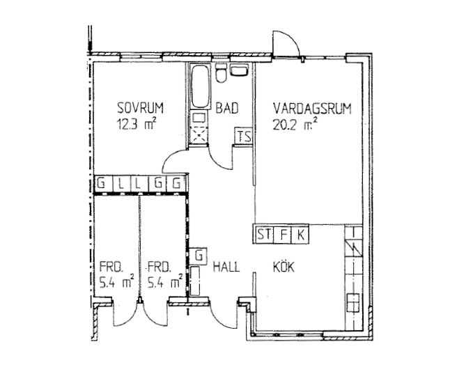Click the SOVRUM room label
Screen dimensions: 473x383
coord(140,108)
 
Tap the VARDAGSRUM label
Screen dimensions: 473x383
coord(312,109)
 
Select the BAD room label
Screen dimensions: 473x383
coord(227,108)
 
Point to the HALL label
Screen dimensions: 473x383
coord(226,267)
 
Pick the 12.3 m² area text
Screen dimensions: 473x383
coord(137,124)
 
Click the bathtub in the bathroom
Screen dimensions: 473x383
coord(201,86)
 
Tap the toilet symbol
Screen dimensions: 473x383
coord(222,72)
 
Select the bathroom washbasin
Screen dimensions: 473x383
coord(239,70)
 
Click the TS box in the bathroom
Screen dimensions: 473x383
coord(244,136)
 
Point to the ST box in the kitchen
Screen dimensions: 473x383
coord(264,234)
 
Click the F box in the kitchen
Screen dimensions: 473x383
coord(283,234)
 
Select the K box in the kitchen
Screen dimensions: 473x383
coord(300,234)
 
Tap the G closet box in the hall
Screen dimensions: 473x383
coord(199,256)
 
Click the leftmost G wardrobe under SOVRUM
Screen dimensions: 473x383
coord(102,183)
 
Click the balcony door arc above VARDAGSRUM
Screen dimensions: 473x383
coord(290,38)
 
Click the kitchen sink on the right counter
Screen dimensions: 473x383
coord(353,303)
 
